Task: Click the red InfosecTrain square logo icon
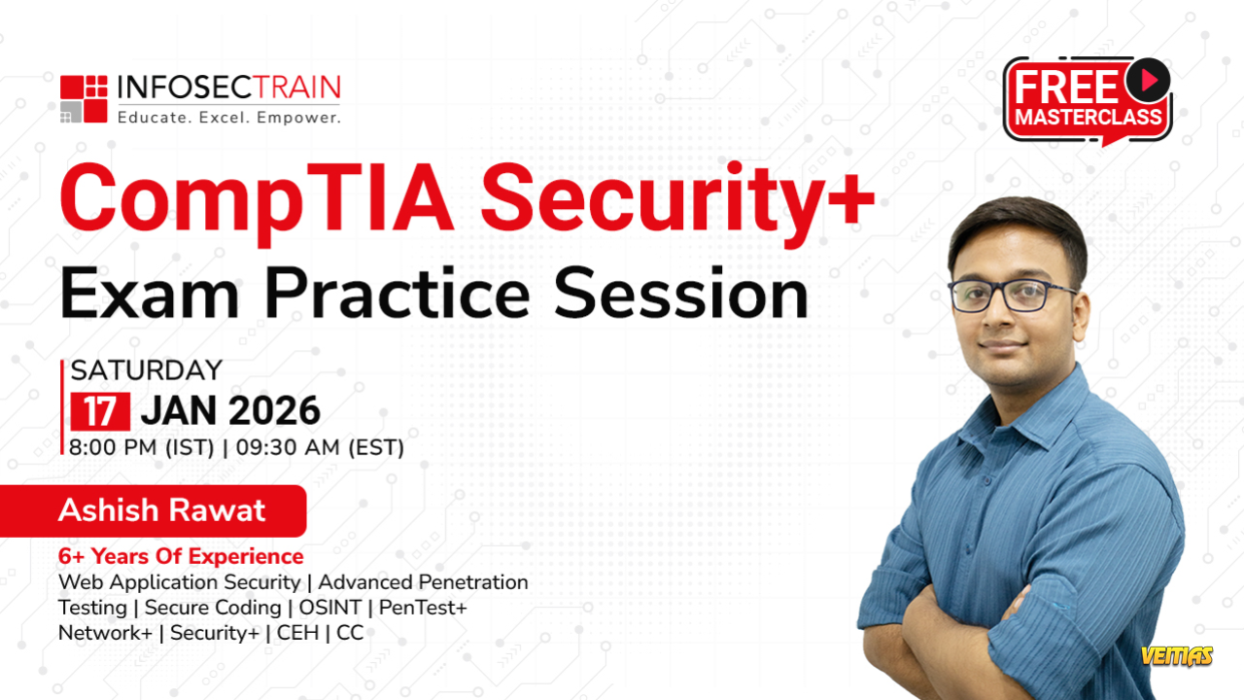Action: coord(84,99)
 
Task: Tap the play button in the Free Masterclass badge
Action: coord(1148,81)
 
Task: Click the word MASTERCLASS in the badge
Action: coord(1088,117)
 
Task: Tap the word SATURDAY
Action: coord(147,370)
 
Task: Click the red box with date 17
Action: coord(100,411)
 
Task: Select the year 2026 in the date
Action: coord(274,411)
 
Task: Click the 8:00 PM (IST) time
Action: coord(142,448)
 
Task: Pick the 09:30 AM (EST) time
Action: coord(320,448)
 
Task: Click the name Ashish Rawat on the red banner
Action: coord(161,510)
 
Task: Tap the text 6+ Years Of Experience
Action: coord(181,556)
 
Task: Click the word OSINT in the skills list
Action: coord(329,608)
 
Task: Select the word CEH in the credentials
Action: coord(297,633)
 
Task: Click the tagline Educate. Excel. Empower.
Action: coord(229,118)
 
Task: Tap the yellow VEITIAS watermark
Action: coord(1177,656)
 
